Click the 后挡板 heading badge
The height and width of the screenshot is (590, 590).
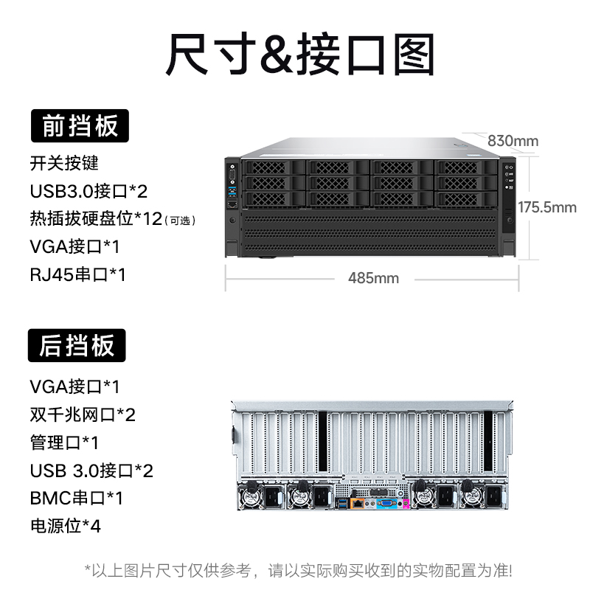[77, 345]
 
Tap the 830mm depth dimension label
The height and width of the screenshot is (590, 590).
[513, 141]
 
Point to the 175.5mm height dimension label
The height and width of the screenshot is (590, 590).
[546, 207]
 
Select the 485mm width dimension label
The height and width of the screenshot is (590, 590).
[373, 278]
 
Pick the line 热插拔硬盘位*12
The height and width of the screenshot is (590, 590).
[96, 219]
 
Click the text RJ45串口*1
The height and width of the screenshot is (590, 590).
[78, 275]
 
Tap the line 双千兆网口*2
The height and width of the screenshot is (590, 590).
[83, 414]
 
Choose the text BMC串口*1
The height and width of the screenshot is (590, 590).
[77, 498]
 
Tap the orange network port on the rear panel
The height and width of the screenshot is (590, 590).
[358, 504]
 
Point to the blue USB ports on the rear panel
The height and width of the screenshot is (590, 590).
[342, 504]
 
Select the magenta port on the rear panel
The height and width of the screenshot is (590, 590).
[405, 505]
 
